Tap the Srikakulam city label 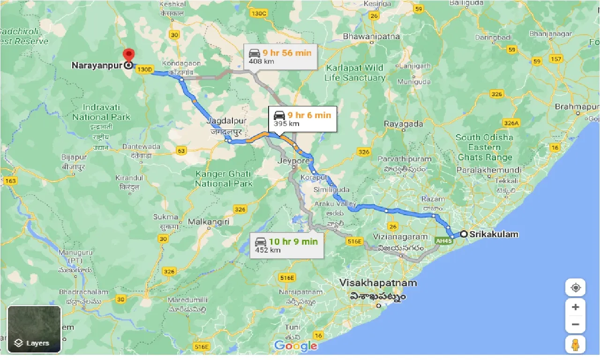495,234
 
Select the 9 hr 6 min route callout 302,119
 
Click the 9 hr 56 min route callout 280,57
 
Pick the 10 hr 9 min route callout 286,246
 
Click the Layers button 34,335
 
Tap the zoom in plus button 575,307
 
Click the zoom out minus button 575,324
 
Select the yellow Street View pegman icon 575,345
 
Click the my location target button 575,287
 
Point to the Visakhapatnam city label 378,283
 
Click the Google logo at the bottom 295,346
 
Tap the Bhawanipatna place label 371,36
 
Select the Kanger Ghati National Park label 224,178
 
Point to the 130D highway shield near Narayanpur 145,69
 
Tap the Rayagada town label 403,124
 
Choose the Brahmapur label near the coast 576,107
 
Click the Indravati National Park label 101,112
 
